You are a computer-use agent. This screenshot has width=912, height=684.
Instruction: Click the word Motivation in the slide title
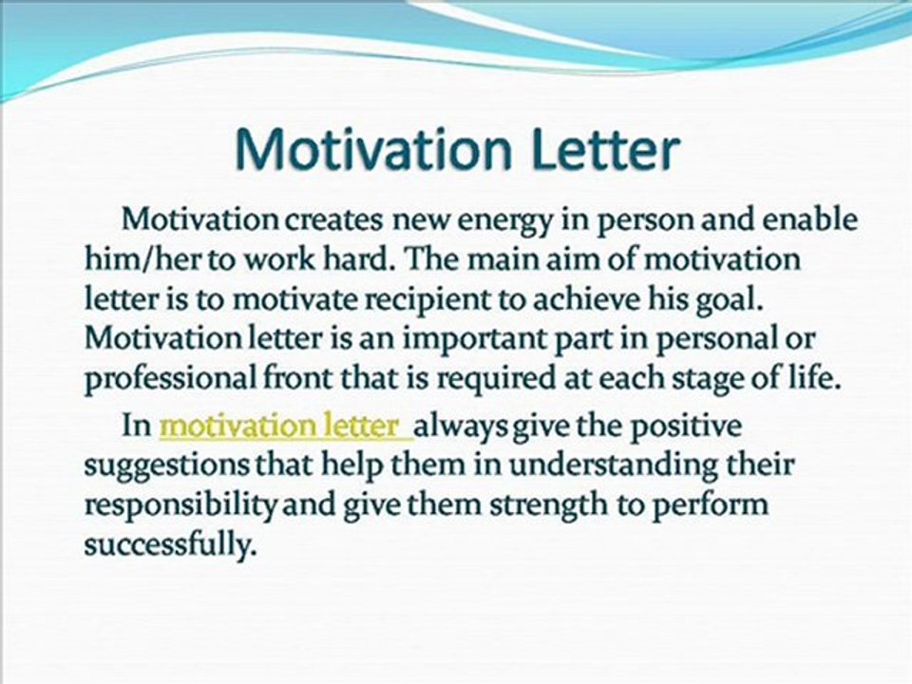(x=373, y=148)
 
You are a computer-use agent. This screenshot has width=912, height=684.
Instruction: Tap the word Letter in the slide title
(x=604, y=148)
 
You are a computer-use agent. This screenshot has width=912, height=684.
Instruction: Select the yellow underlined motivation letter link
(x=286, y=427)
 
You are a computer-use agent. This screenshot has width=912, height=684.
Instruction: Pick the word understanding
(x=605, y=466)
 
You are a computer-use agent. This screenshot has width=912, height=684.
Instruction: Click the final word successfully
(x=170, y=545)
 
